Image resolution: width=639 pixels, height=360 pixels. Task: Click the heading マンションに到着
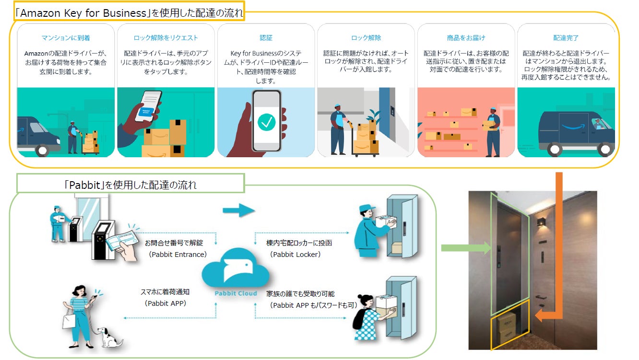(66, 37)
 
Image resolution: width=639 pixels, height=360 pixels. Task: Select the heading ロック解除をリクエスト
(166, 37)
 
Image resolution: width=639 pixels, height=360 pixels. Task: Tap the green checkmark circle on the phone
(266, 122)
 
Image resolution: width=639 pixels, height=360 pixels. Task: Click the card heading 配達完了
(566, 37)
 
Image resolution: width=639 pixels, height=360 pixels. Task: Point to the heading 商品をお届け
(466, 37)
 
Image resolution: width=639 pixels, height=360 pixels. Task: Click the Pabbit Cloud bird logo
(235, 271)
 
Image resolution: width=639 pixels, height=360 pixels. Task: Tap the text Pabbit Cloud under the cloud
(235, 293)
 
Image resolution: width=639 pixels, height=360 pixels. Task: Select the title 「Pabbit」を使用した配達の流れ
(130, 184)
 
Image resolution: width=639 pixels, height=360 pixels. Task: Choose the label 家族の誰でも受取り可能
(300, 293)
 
